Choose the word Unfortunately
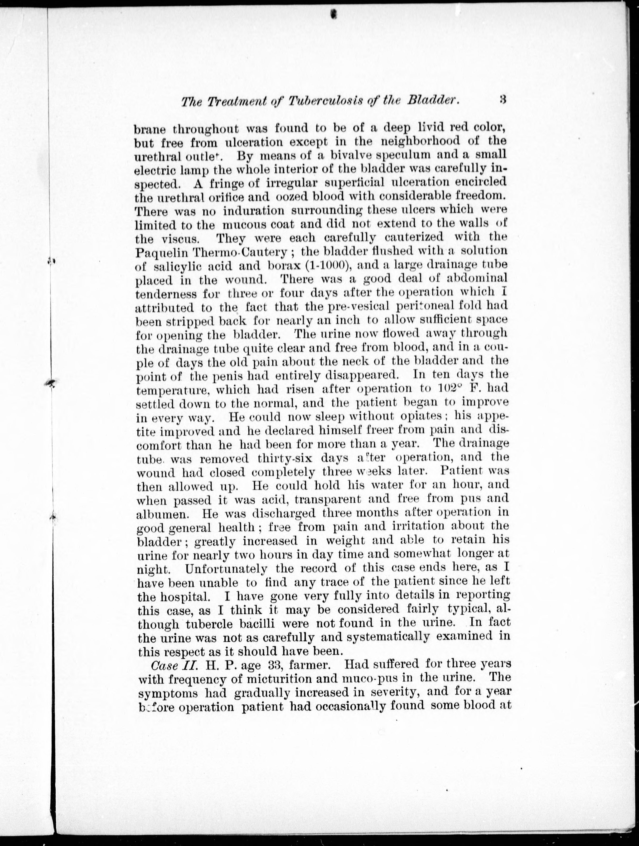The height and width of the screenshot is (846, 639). tap(226, 568)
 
